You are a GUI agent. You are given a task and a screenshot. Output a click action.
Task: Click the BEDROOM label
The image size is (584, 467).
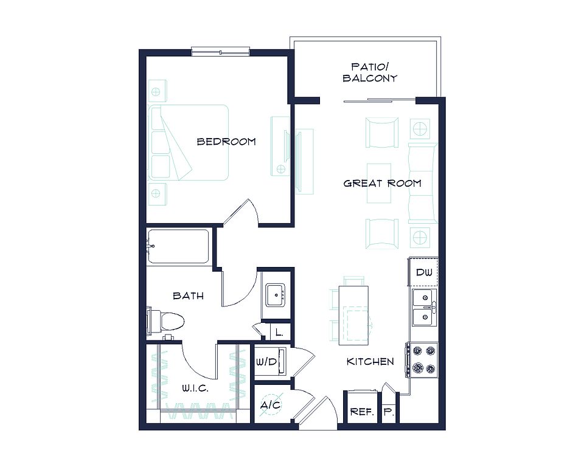coord(226,142)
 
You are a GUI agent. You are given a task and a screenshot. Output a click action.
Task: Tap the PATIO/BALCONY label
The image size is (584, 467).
coord(370,72)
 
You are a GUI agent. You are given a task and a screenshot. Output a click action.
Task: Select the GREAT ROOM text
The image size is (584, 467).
coord(382,183)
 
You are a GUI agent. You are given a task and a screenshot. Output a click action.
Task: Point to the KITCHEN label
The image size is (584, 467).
coord(370,362)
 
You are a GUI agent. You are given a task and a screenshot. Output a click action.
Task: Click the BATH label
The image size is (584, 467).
coord(188,296)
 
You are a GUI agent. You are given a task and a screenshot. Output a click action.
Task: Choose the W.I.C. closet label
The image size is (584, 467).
coord(195,389)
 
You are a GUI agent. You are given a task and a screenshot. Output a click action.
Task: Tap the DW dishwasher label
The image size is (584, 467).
coord(424,272)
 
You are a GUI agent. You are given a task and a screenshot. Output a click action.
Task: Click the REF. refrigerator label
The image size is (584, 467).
coord(361,412)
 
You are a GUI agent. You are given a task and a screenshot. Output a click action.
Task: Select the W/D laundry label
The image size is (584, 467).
coord(266,362)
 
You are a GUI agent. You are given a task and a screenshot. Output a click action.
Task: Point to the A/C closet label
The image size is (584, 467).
coord(271,405)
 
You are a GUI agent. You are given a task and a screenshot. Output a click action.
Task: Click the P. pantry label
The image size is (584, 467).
coord(389,412)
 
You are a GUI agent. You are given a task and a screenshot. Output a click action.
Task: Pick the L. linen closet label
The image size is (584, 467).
coord(279,332)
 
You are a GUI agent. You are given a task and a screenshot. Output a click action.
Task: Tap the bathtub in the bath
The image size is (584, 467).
coord(178,246)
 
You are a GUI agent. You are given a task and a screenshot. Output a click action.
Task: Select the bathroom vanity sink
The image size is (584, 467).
coord(275,296)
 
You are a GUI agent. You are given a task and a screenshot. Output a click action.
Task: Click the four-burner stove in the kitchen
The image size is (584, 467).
coord(422,360)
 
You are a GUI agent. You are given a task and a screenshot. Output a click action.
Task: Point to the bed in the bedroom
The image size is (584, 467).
coord(189,143)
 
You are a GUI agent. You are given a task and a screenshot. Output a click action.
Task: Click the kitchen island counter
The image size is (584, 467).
coord(353,316)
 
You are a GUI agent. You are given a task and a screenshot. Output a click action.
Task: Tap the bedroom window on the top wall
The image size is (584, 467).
coord(220,52)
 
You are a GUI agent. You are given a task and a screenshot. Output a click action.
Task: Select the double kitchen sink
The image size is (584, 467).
coord(424,308)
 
